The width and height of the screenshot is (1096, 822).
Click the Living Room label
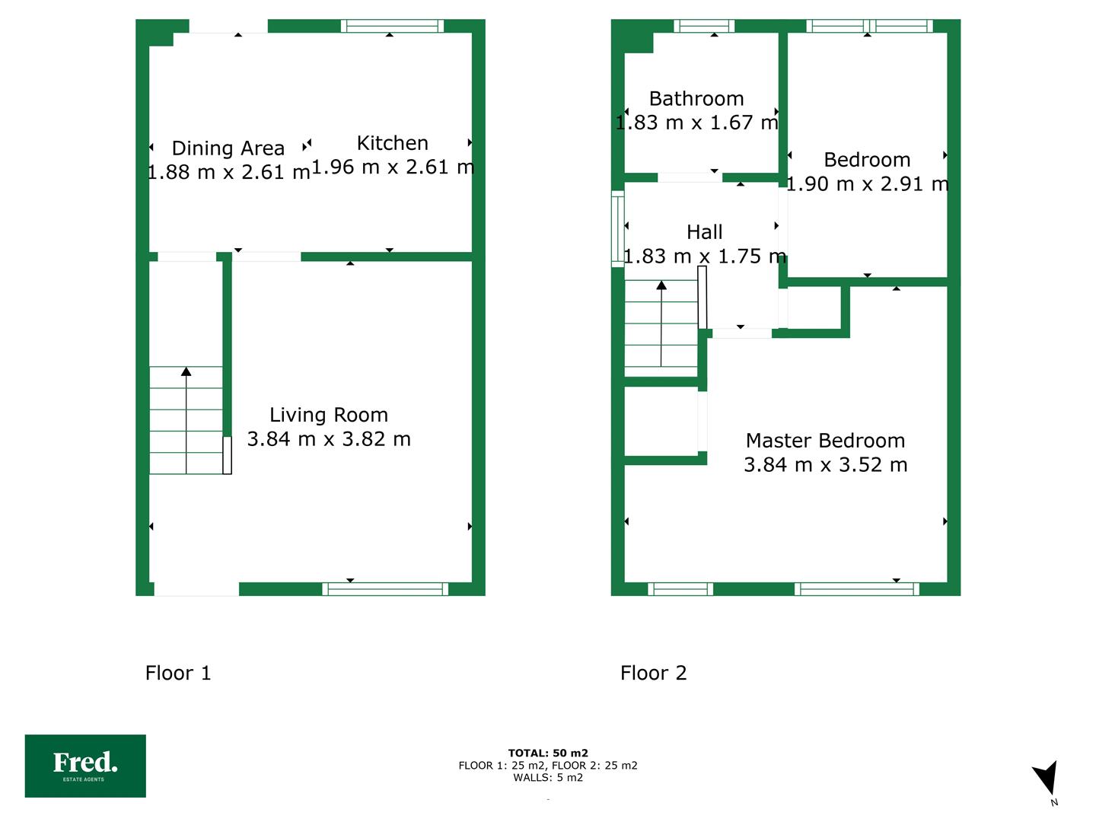pyautogui.click(x=329, y=415)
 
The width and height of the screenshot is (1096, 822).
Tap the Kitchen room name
pyautogui.click(x=393, y=143)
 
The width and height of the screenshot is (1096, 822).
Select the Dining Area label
pyautogui.click(x=228, y=148)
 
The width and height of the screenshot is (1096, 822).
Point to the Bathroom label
pyautogui.click(x=696, y=99)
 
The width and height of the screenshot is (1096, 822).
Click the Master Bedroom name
pyautogui.click(x=825, y=441)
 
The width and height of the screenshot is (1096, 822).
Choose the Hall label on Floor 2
pyautogui.click(x=705, y=232)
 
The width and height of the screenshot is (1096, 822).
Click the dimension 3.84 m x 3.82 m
pyautogui.click(x=329, y=439)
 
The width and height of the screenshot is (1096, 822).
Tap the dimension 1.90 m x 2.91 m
pyautogui.click(x=868, y=184)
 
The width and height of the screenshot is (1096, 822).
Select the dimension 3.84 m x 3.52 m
pyautogui.click(x=825, y=465)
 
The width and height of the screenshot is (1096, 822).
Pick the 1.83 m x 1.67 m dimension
pyautogui.click(x=696, y=123)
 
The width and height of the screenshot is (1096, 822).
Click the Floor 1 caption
pyautogui.click(x=178, y=673)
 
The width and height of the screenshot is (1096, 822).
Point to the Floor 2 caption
pyautogui.click(x=654, y=673)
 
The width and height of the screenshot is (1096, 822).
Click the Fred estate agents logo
pyautogui.click(x=85, y=766)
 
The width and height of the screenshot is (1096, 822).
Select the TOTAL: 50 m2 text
pyautogui.click(x=548, y=753)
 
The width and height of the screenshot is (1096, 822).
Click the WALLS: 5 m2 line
pyautogui.click(x=548, y=778)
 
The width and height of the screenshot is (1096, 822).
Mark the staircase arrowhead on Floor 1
pyautogui.click(x=186, y=371)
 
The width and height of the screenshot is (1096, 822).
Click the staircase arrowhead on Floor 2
pyautogui.click(x=661, y=285)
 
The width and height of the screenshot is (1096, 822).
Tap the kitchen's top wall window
pyautogui.click(x=393, y=26)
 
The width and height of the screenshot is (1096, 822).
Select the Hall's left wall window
pyautogui.click(x=618, y=229)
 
